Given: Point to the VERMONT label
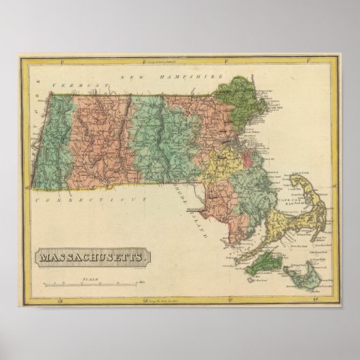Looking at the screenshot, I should pos(87,84).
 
